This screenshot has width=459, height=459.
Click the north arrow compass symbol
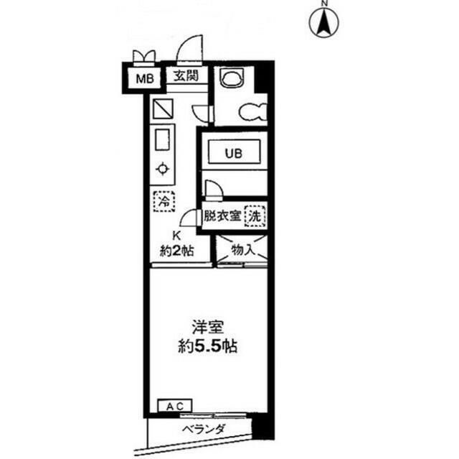coord(324,21)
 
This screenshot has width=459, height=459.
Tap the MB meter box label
coord(144,77)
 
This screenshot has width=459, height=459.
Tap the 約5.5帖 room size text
coord(207,347)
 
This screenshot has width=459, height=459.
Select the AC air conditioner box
coord(174,407)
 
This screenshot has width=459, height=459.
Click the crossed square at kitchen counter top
coord(163,109)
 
